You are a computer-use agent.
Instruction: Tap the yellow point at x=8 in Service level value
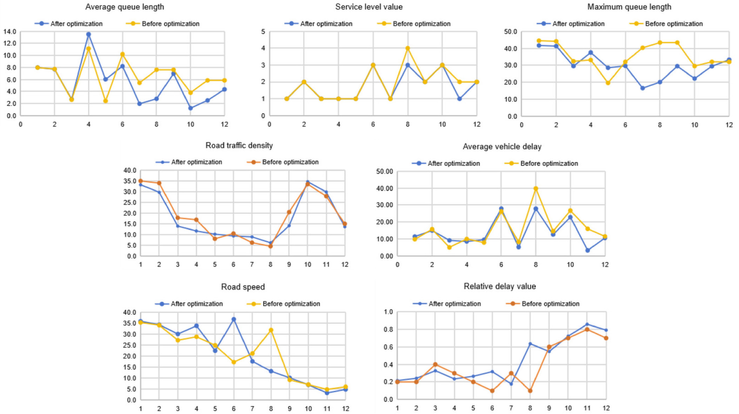click(408, 48)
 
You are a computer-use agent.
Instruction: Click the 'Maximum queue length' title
click(629, 7)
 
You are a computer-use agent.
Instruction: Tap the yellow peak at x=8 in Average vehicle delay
click(536, 189)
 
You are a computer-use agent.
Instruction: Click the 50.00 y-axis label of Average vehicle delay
click(384, 172)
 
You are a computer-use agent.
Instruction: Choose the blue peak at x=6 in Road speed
click(234, 319)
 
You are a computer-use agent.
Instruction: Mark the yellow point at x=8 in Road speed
click(271, 330)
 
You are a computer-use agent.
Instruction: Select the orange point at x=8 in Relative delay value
click(530, 391)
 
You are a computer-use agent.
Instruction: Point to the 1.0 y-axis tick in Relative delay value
click(388, 312)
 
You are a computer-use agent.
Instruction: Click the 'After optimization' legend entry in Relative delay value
click(454, 304)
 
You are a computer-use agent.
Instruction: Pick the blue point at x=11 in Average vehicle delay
click(587, 250)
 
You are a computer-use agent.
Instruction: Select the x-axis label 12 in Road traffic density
click(345, 264)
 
